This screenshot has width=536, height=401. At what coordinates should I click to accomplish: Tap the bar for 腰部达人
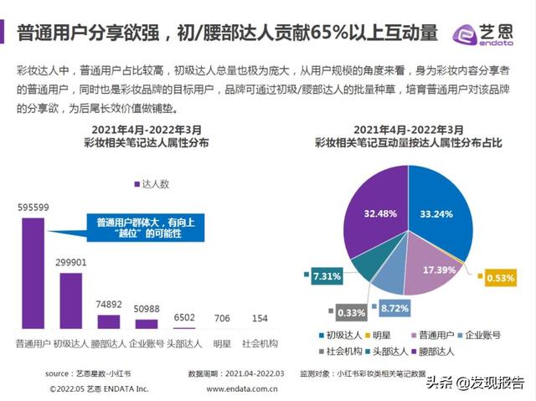click(109, 322)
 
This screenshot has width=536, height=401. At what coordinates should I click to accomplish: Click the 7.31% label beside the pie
click(326, 276)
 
